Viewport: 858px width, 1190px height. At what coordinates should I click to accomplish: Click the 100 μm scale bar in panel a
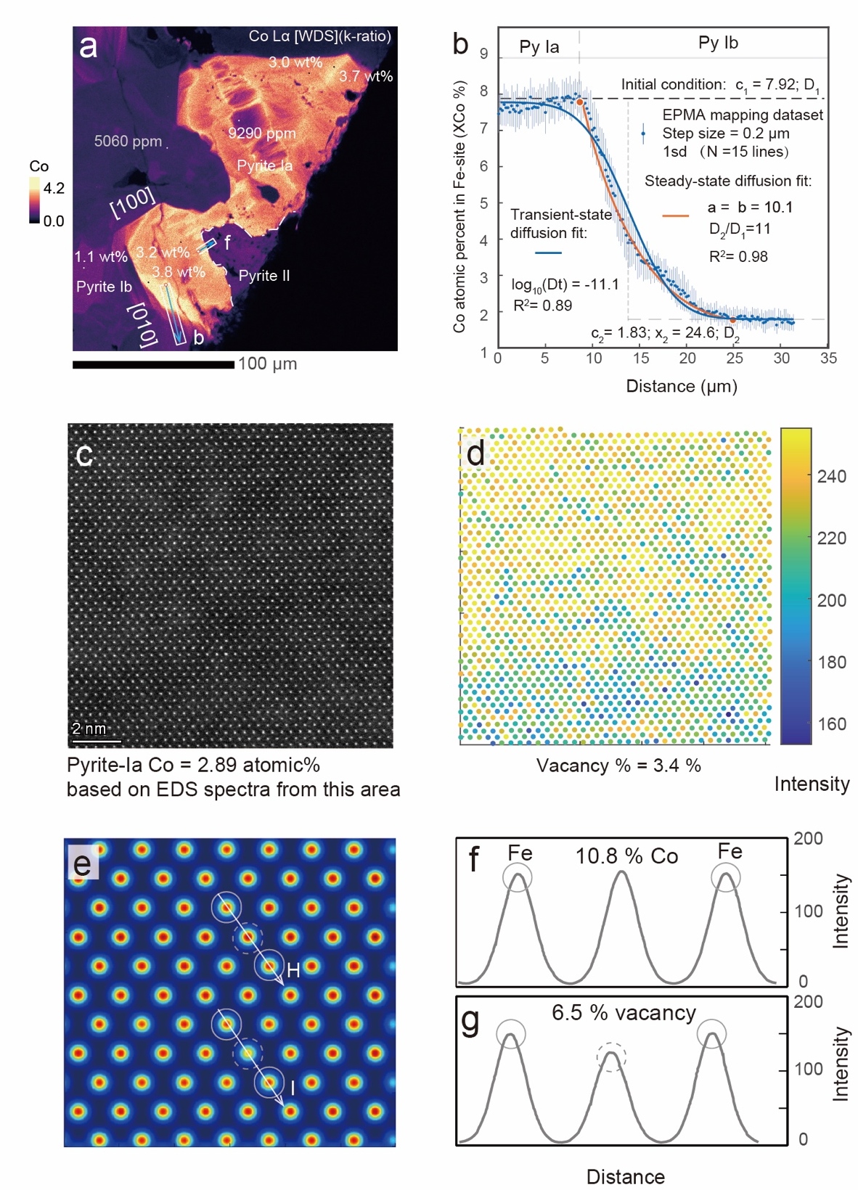point(153,364)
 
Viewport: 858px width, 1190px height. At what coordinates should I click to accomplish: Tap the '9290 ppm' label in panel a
point(261,134)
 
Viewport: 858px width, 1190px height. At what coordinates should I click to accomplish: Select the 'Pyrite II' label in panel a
point(264,276)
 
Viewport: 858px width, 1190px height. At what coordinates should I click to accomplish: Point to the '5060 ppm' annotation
point(128,141)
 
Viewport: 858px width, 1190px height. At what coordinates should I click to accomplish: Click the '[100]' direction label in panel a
point(133,202)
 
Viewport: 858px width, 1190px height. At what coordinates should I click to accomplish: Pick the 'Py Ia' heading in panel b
point(539,47)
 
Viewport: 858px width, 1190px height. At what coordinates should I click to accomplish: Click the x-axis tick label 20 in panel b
point(687,358)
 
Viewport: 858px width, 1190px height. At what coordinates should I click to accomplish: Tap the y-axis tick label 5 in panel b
point(484,203)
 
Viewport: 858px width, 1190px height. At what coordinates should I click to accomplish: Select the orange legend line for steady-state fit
point(676,216)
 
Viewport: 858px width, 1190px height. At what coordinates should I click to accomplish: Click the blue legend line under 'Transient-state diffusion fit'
point(548,253)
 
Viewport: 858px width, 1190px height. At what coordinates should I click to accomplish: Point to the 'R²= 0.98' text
point(738,257)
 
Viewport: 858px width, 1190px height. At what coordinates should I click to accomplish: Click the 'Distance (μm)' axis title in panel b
point(682,386)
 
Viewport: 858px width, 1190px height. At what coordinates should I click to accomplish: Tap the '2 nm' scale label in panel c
point(89,729)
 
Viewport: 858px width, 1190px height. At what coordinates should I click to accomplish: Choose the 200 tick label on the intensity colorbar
point(831,600)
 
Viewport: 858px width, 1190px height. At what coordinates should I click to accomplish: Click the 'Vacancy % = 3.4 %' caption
point(618,766)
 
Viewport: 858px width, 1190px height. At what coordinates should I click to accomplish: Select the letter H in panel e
point(293,970)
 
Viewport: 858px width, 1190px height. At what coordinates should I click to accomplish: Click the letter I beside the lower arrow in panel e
point(293,1088)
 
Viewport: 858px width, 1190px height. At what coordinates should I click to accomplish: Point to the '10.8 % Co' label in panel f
point(626,856)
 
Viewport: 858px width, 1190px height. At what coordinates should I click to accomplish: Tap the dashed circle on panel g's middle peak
point(611,1057)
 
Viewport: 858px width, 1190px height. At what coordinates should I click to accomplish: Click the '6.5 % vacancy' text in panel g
point(624,1013)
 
